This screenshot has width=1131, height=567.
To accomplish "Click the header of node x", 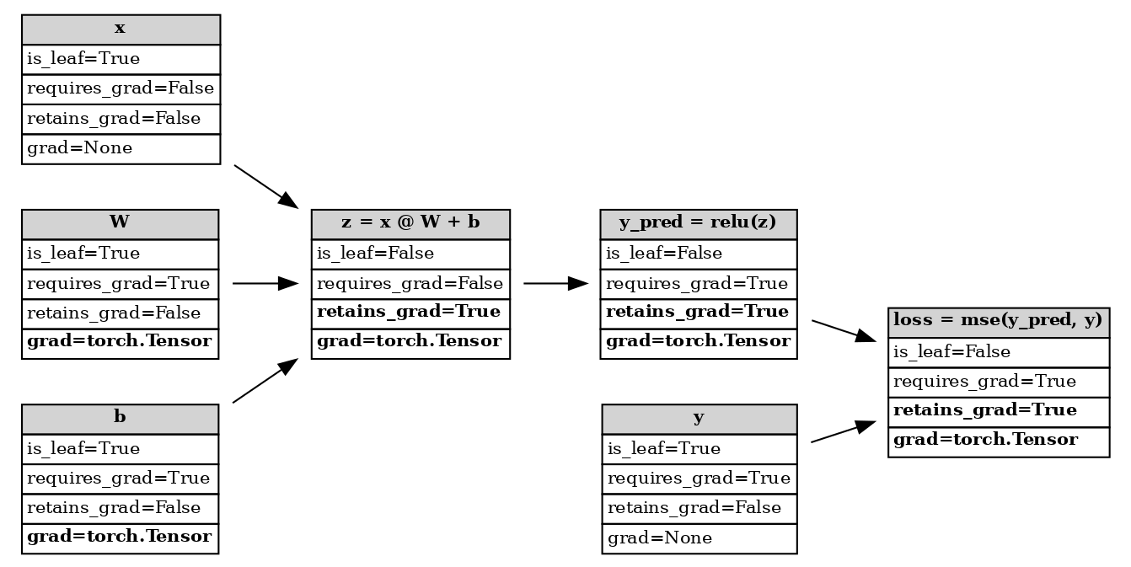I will pos(121,29).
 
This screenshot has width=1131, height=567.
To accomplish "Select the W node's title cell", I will pos(120,224).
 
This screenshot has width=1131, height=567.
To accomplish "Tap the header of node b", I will pos(120,419).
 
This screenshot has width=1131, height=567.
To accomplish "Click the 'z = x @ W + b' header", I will pos(410,224).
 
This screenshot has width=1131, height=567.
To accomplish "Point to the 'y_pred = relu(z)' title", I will pos(698,224).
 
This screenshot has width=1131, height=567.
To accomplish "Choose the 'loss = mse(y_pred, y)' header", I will pos(998,322).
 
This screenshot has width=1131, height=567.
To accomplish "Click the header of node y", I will pos(699,419).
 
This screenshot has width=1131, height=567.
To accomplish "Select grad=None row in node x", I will pos(121,149).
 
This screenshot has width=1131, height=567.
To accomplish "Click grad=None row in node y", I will pos(699,538).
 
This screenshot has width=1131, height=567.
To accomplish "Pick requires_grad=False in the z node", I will pos(410,284).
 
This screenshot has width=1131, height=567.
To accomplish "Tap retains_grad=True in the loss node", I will pos(998,411).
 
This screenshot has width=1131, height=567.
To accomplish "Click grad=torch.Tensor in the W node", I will pos(120,344).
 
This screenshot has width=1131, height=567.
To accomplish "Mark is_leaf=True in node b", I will pos(120,449).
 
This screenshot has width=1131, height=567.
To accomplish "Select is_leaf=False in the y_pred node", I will pos(698,254).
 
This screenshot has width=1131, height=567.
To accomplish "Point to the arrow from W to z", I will pos(265,284).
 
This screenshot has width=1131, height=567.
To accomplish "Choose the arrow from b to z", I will pos(265,381).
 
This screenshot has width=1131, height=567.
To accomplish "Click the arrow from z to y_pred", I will pos(555,284).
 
